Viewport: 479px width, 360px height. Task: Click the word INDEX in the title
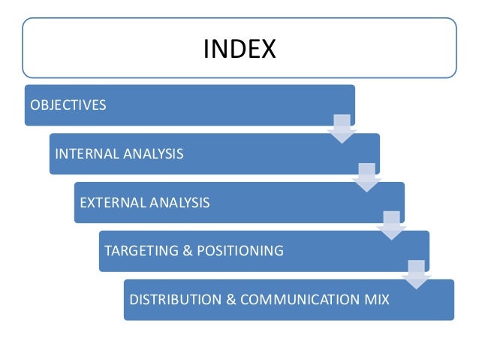[239, 49]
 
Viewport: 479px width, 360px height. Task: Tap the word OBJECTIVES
[68, 104]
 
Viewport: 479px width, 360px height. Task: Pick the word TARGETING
[141, 251]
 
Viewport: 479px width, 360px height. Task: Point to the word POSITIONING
[239, 251]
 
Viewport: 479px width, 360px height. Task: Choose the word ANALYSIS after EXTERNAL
[180, 202]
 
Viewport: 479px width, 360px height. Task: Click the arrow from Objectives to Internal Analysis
[342, 129]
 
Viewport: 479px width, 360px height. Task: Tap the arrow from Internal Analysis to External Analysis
[366, 177]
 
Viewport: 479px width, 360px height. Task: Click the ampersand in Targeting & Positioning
[188, 251]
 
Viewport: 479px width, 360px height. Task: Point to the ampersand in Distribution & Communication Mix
[230, 300]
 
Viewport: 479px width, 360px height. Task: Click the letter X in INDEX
[267, 49]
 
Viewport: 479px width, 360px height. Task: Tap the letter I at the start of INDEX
[206, 49]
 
